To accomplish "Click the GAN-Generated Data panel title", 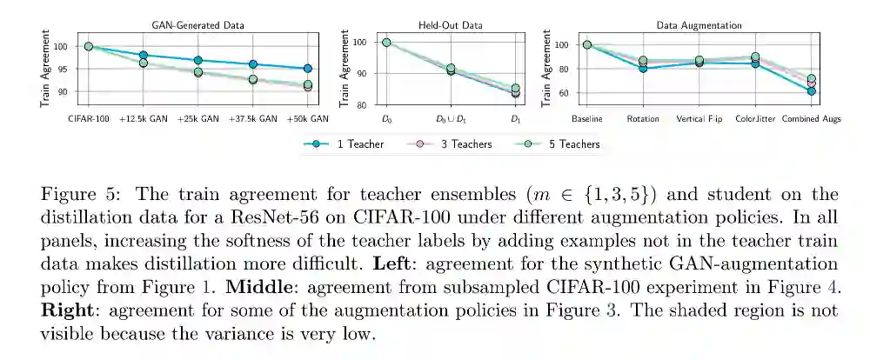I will pos(198,25).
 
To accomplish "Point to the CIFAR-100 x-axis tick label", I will pos(88,118).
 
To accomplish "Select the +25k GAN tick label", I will pos(198,118).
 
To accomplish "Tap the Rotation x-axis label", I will pos(642,118).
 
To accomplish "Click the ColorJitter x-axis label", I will pos(755,118).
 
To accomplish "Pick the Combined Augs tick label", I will pos(811,118).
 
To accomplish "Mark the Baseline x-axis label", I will pos(587,118).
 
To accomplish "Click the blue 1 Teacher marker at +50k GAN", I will pos(308,68).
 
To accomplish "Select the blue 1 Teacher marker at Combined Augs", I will pos(811,90).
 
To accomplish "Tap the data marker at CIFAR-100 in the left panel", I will pos(88,46).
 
